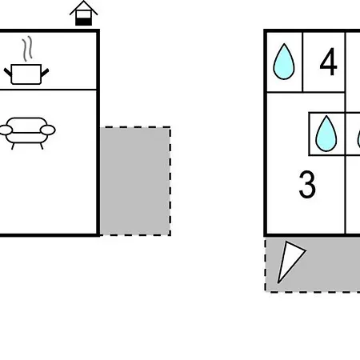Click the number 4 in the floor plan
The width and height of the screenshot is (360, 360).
[x=329, y=62]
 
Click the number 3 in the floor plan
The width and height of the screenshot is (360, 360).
[x=307, y=184]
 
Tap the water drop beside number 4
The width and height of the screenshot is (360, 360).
[x=284, y=62]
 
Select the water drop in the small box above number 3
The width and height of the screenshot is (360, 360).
[x=326, y=134]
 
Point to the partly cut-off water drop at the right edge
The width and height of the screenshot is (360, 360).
[x=358, y=140]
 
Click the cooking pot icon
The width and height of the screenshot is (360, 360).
[x=26, y=74]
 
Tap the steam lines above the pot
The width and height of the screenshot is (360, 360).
[x=27, y=49]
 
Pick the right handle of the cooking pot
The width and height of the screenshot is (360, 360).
[x=45, y=73]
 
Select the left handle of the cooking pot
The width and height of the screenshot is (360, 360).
[x=8, y=73]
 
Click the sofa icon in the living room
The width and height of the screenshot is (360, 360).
[x=27, y=133]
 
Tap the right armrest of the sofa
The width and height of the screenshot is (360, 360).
[x=48, y=130]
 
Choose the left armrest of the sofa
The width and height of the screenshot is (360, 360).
[x=6, y=130]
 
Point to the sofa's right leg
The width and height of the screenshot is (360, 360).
[x=42, y=146]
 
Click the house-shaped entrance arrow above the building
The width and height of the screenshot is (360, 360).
[x=84, y=13]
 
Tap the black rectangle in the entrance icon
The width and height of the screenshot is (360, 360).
[x=84, y=22]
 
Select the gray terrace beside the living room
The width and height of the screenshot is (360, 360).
[x=135, y=182]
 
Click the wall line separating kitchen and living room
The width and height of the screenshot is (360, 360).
[x=48, y=90]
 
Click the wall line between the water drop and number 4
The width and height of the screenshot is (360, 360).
[x=302, y=62]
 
